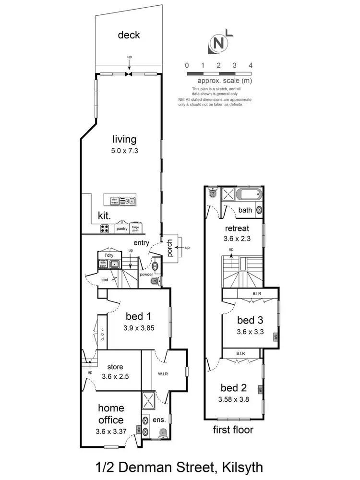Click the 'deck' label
(x=129, y=35)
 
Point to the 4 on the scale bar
(x=251, y=65)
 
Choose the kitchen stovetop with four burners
(x=105, y=228)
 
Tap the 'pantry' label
(x=122, y=229)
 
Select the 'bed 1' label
(x=139, y=316)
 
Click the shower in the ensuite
(x=149, y=400)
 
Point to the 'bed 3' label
(x=250, y=321)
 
